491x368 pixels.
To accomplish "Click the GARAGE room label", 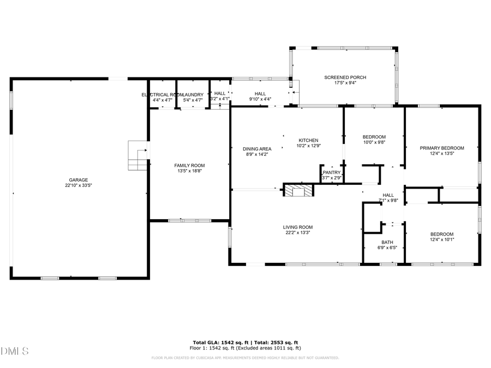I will click(x=78, y=180).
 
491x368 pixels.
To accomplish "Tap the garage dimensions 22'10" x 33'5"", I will click(x=78, y=185).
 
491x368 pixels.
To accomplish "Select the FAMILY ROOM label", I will click(x=189, y=165).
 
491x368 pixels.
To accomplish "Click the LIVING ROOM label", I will click(x=297, y=227).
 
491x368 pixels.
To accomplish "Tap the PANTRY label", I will click(x=331, y=172).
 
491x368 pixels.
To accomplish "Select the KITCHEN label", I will click(x=308, y=140).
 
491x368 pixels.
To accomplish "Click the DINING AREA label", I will click(x=257, y=149).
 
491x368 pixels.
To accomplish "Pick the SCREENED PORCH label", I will click(x=345, y=77).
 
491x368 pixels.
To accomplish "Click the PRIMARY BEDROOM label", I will click(x=441, y=148).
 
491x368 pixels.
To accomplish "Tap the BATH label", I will click(x=387, y=242).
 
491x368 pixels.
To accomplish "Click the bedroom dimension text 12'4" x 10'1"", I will click(x=441, y=239).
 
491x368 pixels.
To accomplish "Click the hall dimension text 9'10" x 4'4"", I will click(x=260, y=99).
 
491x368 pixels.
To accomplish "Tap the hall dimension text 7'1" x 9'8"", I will click(x=388, y=201).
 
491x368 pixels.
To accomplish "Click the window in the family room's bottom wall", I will click(x=183, y=220).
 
